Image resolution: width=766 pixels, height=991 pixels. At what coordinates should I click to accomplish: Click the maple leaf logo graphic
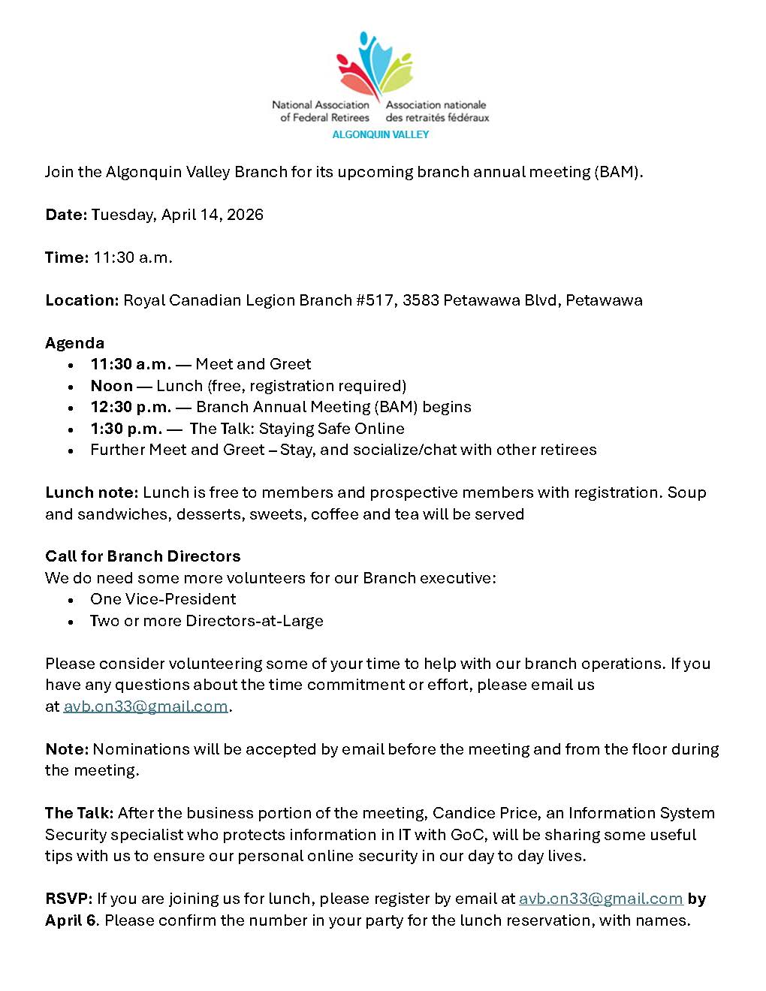pos(375,66)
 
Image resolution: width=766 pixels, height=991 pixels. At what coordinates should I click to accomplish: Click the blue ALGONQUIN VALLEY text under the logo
pos(380,134)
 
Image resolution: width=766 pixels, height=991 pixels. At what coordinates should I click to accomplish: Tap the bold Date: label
pos(66,215)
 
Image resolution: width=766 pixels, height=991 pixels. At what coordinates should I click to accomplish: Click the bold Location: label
pos(82,300)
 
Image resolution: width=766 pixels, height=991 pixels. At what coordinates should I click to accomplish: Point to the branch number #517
pos(375,300)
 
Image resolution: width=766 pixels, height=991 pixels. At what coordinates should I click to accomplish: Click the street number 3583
pos(421,300)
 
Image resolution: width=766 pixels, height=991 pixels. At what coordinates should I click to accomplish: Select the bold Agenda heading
pos(74,343)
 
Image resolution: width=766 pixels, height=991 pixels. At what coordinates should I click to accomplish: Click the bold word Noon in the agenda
pos(111,386)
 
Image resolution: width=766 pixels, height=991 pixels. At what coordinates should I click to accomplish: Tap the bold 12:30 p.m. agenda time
pos(131,407)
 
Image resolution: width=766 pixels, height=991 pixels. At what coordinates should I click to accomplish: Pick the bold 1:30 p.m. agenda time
pos(126,429)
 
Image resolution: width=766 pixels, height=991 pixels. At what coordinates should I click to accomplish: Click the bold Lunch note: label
pos(92,492)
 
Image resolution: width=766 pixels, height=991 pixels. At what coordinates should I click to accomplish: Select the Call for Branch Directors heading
pos(143,556)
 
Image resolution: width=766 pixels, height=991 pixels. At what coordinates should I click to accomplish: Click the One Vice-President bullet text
pos(163,599)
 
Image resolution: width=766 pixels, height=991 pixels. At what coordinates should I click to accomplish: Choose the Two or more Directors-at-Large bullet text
pos(207,621)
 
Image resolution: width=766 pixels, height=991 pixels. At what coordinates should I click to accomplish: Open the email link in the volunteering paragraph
pos(146,706)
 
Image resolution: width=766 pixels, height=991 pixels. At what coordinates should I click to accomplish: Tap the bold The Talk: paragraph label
pos(79,813)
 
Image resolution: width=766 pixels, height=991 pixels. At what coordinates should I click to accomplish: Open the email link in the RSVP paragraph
pos(601,899)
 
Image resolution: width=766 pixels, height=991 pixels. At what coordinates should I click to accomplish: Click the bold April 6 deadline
pos(71,920)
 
